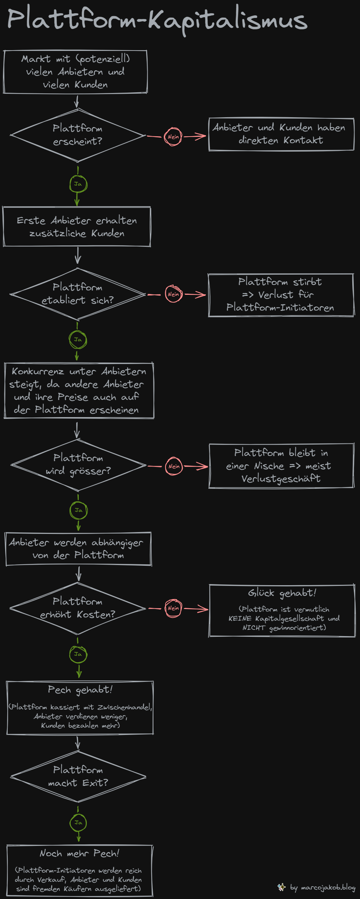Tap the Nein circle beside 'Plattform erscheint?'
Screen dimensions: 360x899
173,137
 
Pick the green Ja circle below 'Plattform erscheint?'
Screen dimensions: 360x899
78,184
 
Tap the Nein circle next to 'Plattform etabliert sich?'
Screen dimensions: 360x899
174,294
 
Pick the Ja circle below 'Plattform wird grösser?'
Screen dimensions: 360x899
78,510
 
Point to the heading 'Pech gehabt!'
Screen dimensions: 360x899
80,690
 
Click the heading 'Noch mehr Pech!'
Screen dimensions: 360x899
79,853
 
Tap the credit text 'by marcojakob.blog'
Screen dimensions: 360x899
323,888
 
